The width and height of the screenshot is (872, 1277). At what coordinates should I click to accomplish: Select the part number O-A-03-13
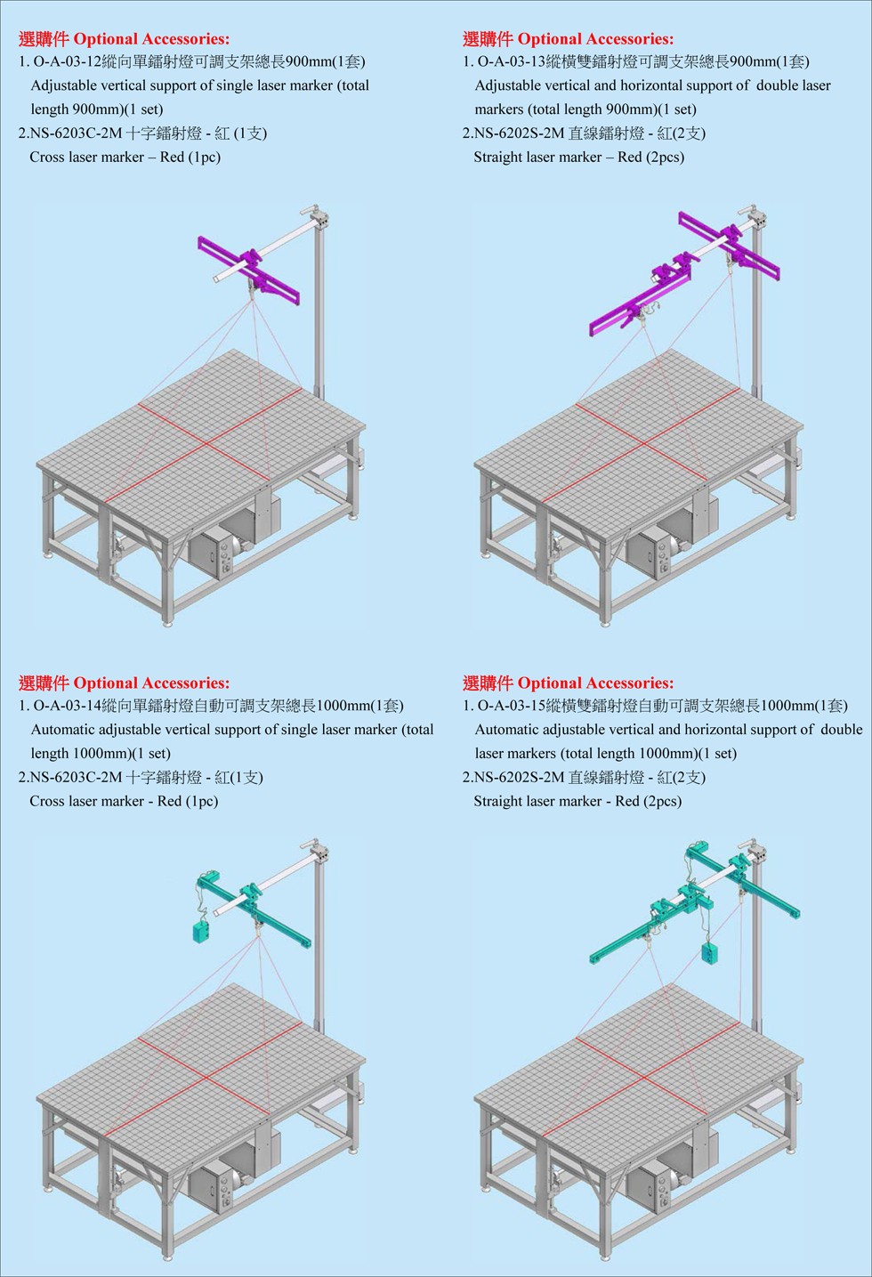point(512,62)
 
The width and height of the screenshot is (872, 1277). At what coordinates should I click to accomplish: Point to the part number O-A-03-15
point(512,706)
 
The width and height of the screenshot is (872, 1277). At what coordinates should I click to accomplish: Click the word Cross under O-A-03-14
point(48,801)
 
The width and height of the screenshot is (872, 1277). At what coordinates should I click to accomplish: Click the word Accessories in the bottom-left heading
point(182,683)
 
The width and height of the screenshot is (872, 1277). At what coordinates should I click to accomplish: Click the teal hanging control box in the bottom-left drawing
point(201,932)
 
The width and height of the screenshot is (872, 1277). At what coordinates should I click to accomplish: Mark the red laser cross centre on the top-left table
point(207,441)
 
